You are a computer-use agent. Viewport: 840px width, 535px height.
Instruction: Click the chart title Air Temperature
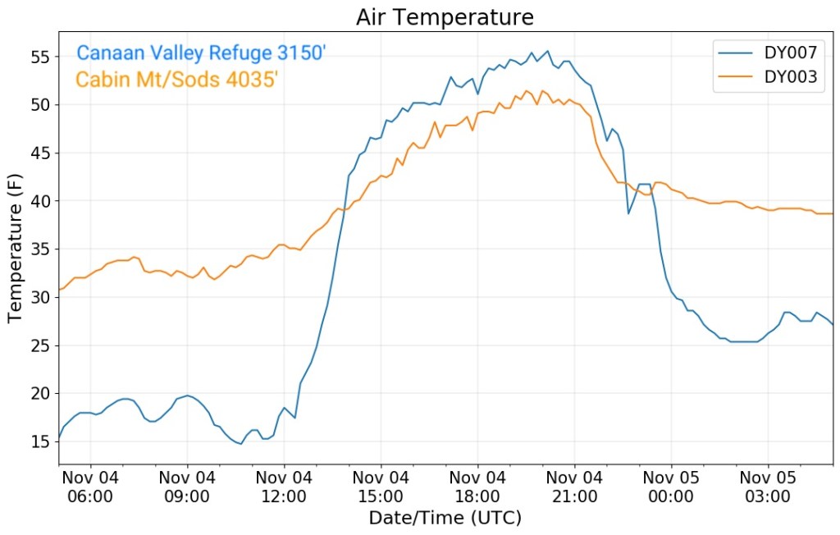tap(445, 17)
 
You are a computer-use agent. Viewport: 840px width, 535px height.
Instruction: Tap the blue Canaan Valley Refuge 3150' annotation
tap(201, 54)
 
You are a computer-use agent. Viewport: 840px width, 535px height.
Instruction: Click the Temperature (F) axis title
tap(15, 247)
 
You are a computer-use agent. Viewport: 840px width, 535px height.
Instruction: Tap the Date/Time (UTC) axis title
tap(445, 518)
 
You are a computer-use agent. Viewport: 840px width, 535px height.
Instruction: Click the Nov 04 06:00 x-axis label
tap(90, 487)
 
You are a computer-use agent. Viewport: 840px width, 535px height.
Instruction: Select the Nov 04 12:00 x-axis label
tap(284, 487)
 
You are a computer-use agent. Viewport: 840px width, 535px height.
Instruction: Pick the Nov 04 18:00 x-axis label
tap(477, 487)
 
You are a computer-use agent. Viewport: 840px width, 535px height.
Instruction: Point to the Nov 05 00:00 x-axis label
tap(671, 487)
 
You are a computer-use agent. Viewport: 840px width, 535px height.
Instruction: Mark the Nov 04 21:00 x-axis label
tap(574, 487)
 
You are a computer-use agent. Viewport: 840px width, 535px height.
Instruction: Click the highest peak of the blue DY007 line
tap(548, 51)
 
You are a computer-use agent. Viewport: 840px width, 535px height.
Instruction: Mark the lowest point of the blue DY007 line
tap(241, 444)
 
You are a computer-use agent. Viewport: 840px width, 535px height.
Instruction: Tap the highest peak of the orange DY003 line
tap(526, 90)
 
